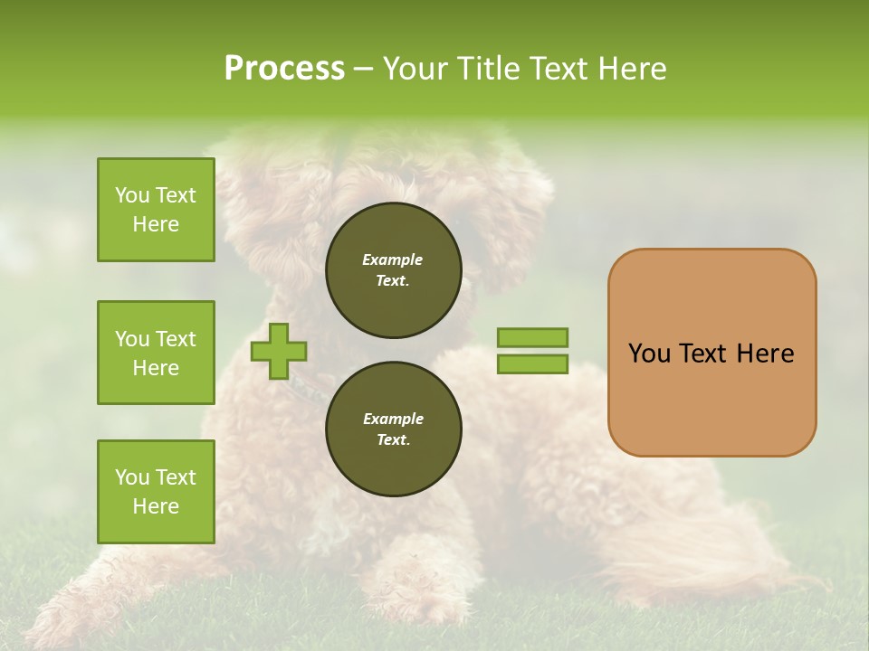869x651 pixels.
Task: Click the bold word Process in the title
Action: pos(284,69)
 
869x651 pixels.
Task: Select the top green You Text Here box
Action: pos(156,210)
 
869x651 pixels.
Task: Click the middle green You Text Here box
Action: pos(156,353)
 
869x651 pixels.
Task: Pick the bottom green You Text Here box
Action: pos(156,492)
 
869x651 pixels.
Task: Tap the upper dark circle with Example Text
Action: pos(394,270)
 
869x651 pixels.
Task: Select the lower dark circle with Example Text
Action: pos(394,429)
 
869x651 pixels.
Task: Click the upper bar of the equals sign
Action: pos(532,337)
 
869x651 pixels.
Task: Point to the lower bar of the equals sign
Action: pos(532,364)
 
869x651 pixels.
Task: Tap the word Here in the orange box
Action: pos(765,354)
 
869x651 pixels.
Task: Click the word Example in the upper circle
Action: pos(393,259)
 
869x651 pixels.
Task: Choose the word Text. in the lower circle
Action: pos(393,440)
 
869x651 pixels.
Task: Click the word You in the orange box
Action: pos(650,354)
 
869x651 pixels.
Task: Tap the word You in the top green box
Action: pos(131,195)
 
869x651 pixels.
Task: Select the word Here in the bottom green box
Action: pos(156,506)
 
